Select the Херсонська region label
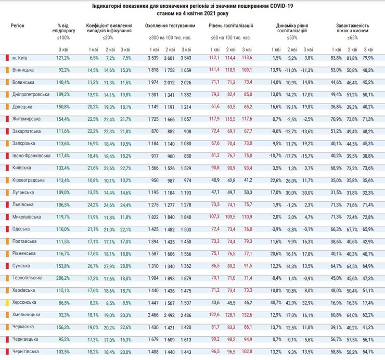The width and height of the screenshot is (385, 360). point(24,302)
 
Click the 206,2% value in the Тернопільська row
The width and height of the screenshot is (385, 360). point(63,278)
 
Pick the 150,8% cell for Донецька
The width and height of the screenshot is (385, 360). point(63,106)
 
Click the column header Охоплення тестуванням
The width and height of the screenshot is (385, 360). point(170,25)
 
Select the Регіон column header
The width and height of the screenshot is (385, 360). point(17,25)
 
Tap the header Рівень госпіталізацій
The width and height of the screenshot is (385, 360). point(230,25)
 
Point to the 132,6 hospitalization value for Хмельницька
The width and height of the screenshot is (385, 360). point(247,315)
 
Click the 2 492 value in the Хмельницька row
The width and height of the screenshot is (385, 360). point(169,315)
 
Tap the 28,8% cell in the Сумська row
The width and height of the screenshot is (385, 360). point(126,265)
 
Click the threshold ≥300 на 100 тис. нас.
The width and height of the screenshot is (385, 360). point(170,37)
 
